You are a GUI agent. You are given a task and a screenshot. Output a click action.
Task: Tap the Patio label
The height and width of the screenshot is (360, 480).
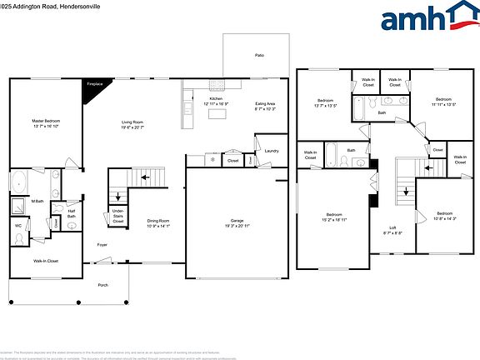[259, 55]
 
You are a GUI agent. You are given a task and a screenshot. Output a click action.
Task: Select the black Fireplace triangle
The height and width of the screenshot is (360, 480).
[92, 84]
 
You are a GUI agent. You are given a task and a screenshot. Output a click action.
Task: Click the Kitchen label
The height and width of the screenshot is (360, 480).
[216, 101]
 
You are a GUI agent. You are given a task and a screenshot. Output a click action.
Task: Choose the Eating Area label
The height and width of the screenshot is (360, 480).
[265, 106]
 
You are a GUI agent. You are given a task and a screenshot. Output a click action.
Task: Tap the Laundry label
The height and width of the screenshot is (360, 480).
[270, 151]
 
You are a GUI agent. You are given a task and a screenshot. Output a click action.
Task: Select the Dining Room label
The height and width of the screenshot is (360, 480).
[158, 222]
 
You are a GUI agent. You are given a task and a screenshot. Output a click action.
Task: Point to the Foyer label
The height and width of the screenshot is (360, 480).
[102, 245]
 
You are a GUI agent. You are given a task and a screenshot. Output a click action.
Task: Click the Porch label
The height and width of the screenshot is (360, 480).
[102, 285]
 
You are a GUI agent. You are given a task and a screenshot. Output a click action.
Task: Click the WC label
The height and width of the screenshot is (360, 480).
[18, 226]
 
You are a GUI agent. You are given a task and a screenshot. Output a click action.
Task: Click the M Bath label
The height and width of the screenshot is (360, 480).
[37, 201]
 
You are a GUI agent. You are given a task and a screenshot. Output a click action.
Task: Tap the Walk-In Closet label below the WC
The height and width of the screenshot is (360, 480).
[45, 261]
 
